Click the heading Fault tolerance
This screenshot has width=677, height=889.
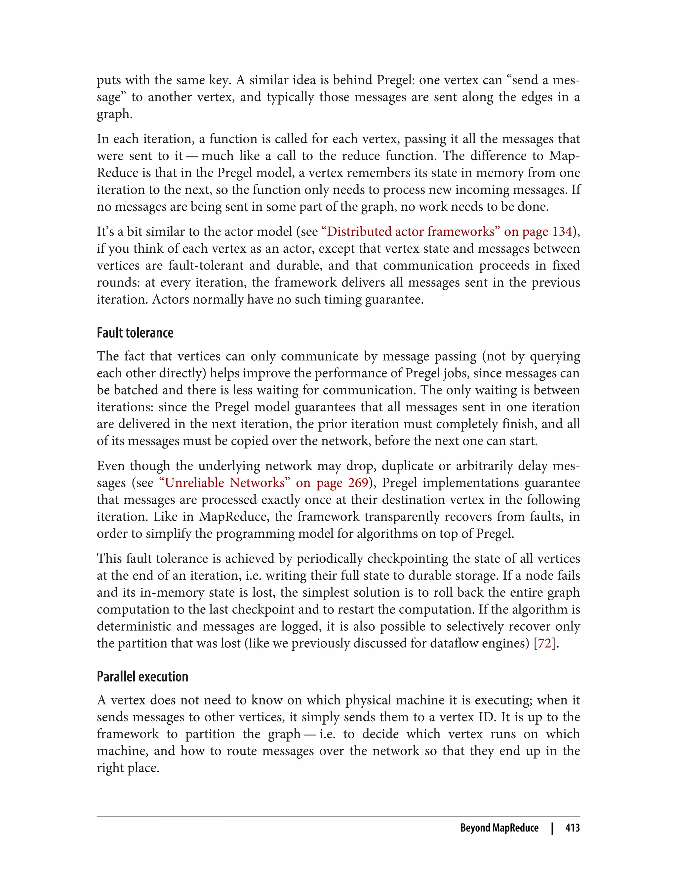click(135, 333)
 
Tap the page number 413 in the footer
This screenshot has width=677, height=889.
click(572, 828)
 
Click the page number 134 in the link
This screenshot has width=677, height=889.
click(562, 232)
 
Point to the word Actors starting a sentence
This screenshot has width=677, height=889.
click(171, 299)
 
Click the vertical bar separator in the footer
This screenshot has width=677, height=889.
click(552, 828)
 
